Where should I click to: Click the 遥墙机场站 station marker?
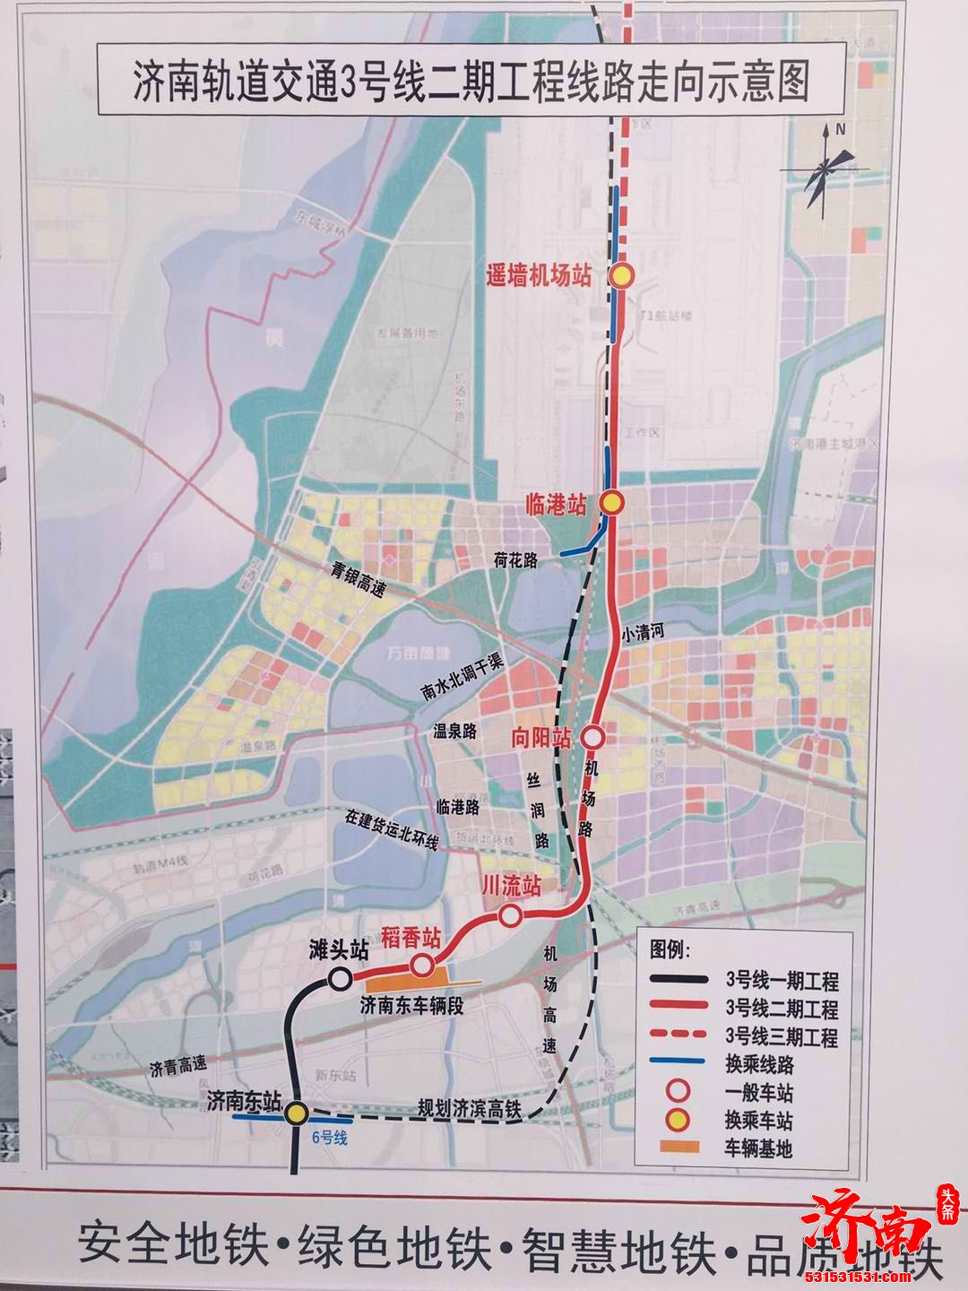click(622, 276)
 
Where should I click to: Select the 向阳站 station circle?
click(592, 737)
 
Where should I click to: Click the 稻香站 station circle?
click(422, 966)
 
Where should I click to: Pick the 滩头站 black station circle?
click(341, 978)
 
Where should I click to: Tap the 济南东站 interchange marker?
click(297, 1113)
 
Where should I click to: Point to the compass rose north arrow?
click(830, 164)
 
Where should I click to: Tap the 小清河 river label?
click(644, 635)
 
